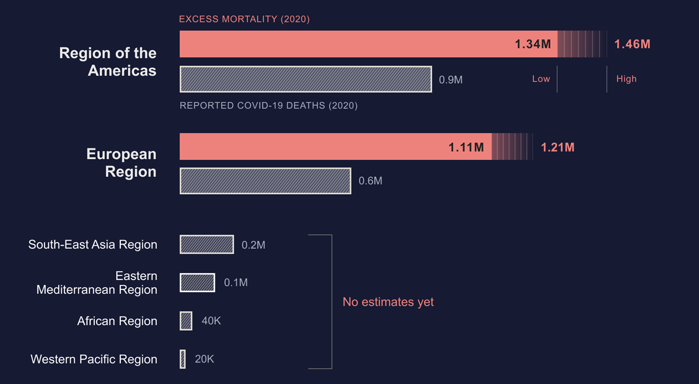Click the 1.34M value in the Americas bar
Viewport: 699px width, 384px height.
click(533, 44)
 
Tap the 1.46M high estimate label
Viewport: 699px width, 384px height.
click(632, 44)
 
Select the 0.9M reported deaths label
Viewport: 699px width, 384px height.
click(451, 80)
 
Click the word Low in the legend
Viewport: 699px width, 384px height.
click(541, 79)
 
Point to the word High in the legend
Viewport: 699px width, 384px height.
click(626, 79)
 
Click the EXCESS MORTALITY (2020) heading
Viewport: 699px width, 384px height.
click(244, 19)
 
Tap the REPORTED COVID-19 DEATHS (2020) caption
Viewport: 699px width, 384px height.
click(269, 106)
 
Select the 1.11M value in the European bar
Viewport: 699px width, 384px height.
click(466, 147)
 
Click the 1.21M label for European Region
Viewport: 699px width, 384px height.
click(558, 147)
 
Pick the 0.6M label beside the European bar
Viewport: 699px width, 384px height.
click(370, 181)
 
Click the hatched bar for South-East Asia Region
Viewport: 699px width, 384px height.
click(207, 245)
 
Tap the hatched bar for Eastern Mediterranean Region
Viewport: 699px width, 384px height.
click(197, 283)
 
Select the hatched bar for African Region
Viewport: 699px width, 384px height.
click(186, 321)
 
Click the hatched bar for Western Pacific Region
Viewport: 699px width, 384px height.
click(183, 359)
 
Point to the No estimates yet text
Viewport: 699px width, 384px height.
click(388, 302)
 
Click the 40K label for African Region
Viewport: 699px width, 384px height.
click(211, 321)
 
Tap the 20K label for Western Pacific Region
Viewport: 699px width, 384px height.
click(204, 359)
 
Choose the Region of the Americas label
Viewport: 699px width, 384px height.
click(108, 61)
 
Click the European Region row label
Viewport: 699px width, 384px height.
click(121, 163)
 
